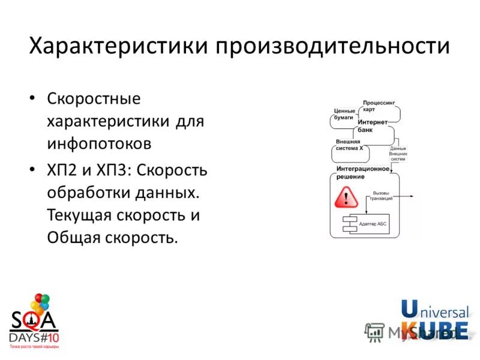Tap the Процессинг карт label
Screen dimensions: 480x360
click(379, 106)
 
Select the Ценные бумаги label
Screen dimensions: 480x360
click(344, 114)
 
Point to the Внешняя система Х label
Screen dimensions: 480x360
click(349, 145)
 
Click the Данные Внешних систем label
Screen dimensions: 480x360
click(397, 154)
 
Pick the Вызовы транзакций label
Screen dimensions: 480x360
click(381, 196)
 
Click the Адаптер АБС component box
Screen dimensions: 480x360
click(366, 224)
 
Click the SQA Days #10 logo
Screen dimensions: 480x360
click(34, 321)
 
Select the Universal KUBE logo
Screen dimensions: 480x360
click(434, 320)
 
